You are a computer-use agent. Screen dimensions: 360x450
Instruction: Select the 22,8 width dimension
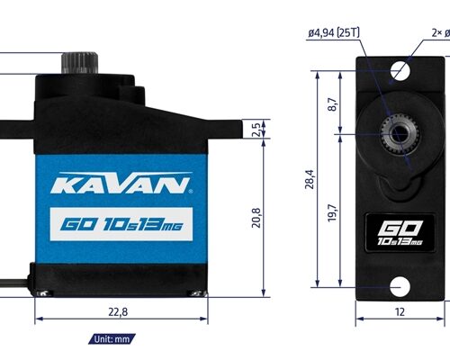(117, 312)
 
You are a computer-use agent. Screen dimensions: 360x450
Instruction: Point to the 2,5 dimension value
(256, 129)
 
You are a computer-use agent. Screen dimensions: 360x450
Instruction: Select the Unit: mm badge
(113, 339)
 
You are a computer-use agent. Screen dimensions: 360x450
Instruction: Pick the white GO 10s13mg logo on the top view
(400, 233)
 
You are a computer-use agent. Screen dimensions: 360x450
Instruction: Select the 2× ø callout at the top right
(439, 33)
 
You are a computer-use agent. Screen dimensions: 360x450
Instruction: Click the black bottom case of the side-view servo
(121, 279)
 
